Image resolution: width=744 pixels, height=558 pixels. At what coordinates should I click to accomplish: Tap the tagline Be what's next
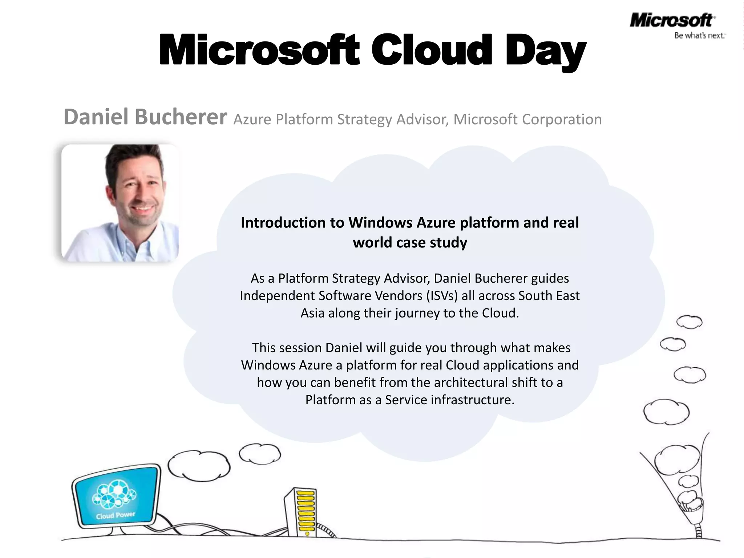coord(700,36)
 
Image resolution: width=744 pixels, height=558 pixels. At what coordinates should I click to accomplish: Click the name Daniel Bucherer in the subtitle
coord(145,117)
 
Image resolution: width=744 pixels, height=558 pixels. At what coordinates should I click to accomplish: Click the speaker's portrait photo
coord(120,203)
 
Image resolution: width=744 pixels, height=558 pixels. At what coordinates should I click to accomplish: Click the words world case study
coord(410,242)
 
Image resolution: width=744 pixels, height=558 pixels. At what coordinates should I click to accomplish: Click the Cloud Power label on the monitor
coord(116,515)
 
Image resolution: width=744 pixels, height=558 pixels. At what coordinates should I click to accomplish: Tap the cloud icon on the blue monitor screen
coord(114,494)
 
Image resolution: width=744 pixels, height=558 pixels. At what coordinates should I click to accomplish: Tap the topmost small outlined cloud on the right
coord(689,322)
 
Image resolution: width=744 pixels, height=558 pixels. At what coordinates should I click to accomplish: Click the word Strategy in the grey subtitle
coord(364,119)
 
